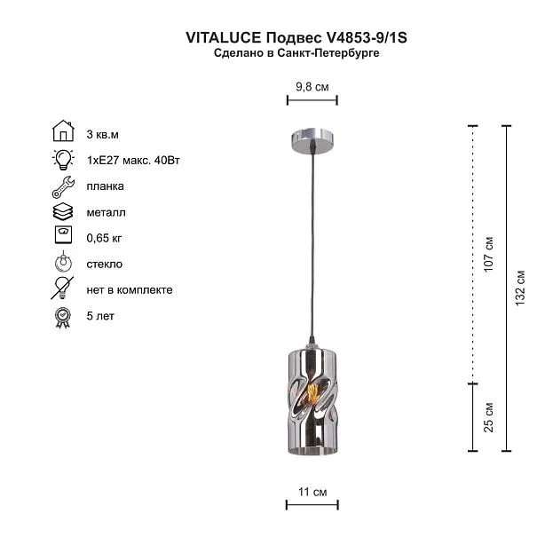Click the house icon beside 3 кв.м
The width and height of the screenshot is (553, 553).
(x=63, y=130)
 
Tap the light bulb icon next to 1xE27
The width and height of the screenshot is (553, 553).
(x=63, y=160)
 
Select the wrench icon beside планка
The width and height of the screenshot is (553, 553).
(x=63, y=186)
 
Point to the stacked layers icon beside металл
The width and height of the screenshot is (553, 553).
(x=63, y=212)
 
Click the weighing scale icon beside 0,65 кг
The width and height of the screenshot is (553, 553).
(x=64, y=234)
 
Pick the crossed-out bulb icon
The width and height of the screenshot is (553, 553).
(x=62, y=288)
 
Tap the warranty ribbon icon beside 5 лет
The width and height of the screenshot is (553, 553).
(x=63, y=318)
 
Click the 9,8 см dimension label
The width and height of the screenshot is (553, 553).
(x=312, y=87)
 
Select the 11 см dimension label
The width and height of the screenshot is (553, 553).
(x=312, y=492)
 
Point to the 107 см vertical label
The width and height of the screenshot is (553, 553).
(x=488, y=254)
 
